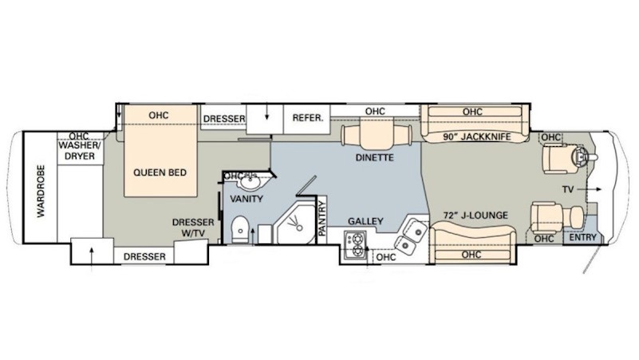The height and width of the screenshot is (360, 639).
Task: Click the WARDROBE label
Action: [41, 191]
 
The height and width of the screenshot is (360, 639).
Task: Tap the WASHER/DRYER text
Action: [80, 150]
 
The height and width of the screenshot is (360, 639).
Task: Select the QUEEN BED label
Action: [160, 172]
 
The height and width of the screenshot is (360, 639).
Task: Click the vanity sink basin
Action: [250, 183]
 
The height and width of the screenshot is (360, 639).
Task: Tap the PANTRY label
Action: [322, 219]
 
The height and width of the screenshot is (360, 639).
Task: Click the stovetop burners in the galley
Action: [355, 244]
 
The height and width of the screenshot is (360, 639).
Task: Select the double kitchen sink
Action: [410, 235]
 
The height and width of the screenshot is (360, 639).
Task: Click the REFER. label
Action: [308, 118]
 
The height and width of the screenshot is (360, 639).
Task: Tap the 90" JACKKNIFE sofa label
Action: [477, 137]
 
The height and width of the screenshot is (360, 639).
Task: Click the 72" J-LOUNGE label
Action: [475, 215]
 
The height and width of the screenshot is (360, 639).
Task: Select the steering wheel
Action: [579, 156]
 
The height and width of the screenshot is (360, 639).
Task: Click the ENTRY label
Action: [582, 237]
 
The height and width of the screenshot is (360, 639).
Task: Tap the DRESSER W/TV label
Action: [193, 227]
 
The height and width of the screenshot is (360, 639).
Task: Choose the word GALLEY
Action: [365, 221]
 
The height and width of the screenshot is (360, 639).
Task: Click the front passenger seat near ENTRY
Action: [556, 217]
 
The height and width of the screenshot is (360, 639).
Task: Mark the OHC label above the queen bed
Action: [159, 116]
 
